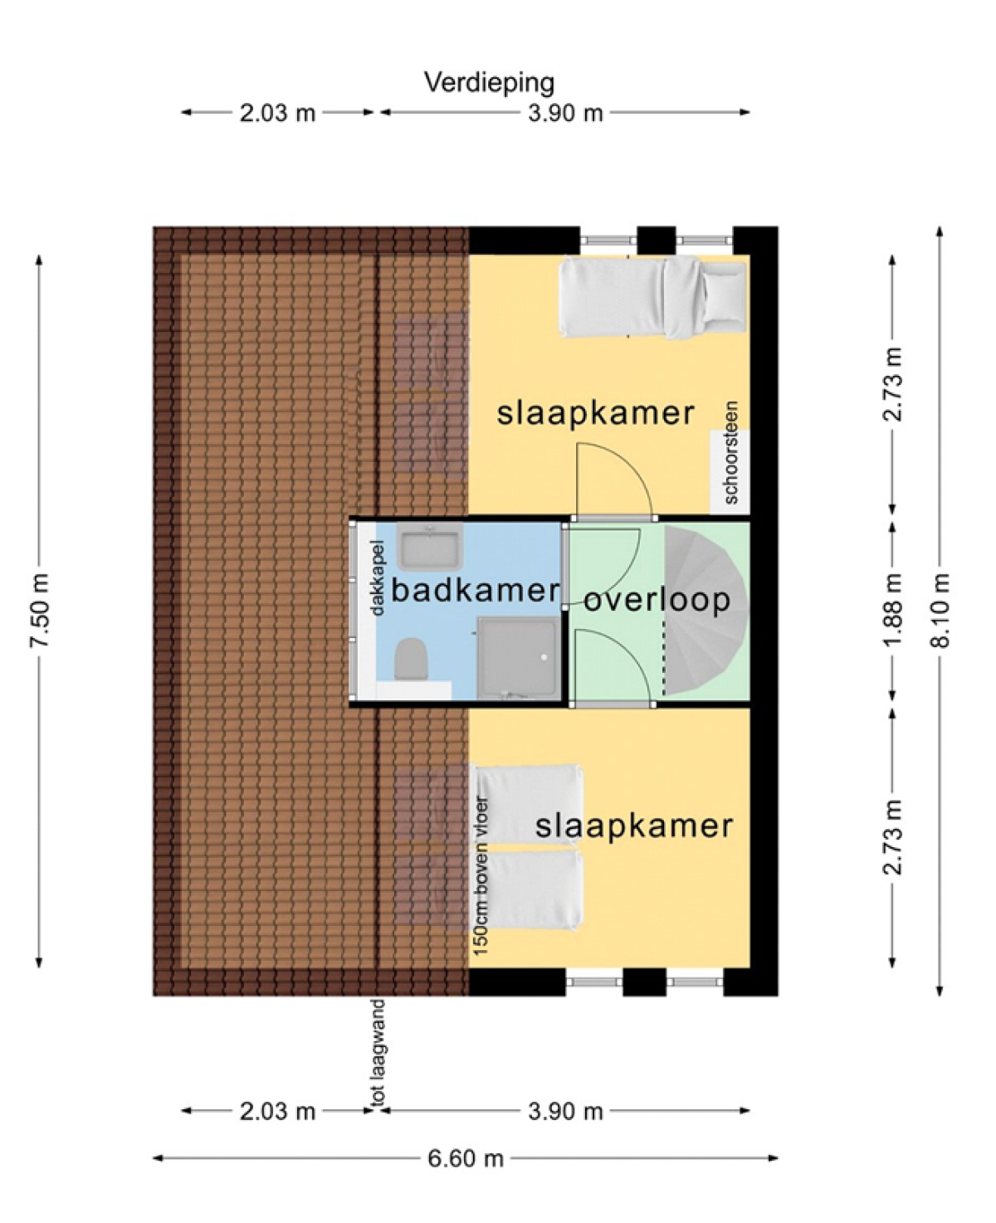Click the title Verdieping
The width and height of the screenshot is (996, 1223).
click(490, 83)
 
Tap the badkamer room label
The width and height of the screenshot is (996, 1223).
click(475, 591)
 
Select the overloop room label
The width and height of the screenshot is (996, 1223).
click(657, 602)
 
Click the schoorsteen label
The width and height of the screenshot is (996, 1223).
click(730, 453)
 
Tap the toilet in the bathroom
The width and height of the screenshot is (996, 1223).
click(412, 658)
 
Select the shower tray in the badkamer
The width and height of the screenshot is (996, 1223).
click(518, 658)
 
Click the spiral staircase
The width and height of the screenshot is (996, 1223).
click(706, 611)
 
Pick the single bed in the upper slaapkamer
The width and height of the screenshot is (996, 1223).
click(654, 297)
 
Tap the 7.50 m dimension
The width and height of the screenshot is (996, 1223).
click(39, 611)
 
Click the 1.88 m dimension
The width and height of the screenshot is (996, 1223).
click(892, 611)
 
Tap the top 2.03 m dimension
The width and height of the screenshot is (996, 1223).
click(277, 113)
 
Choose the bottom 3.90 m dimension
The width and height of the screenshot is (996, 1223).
click(565, 1112)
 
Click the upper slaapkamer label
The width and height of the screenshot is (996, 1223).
click(596, 412)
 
